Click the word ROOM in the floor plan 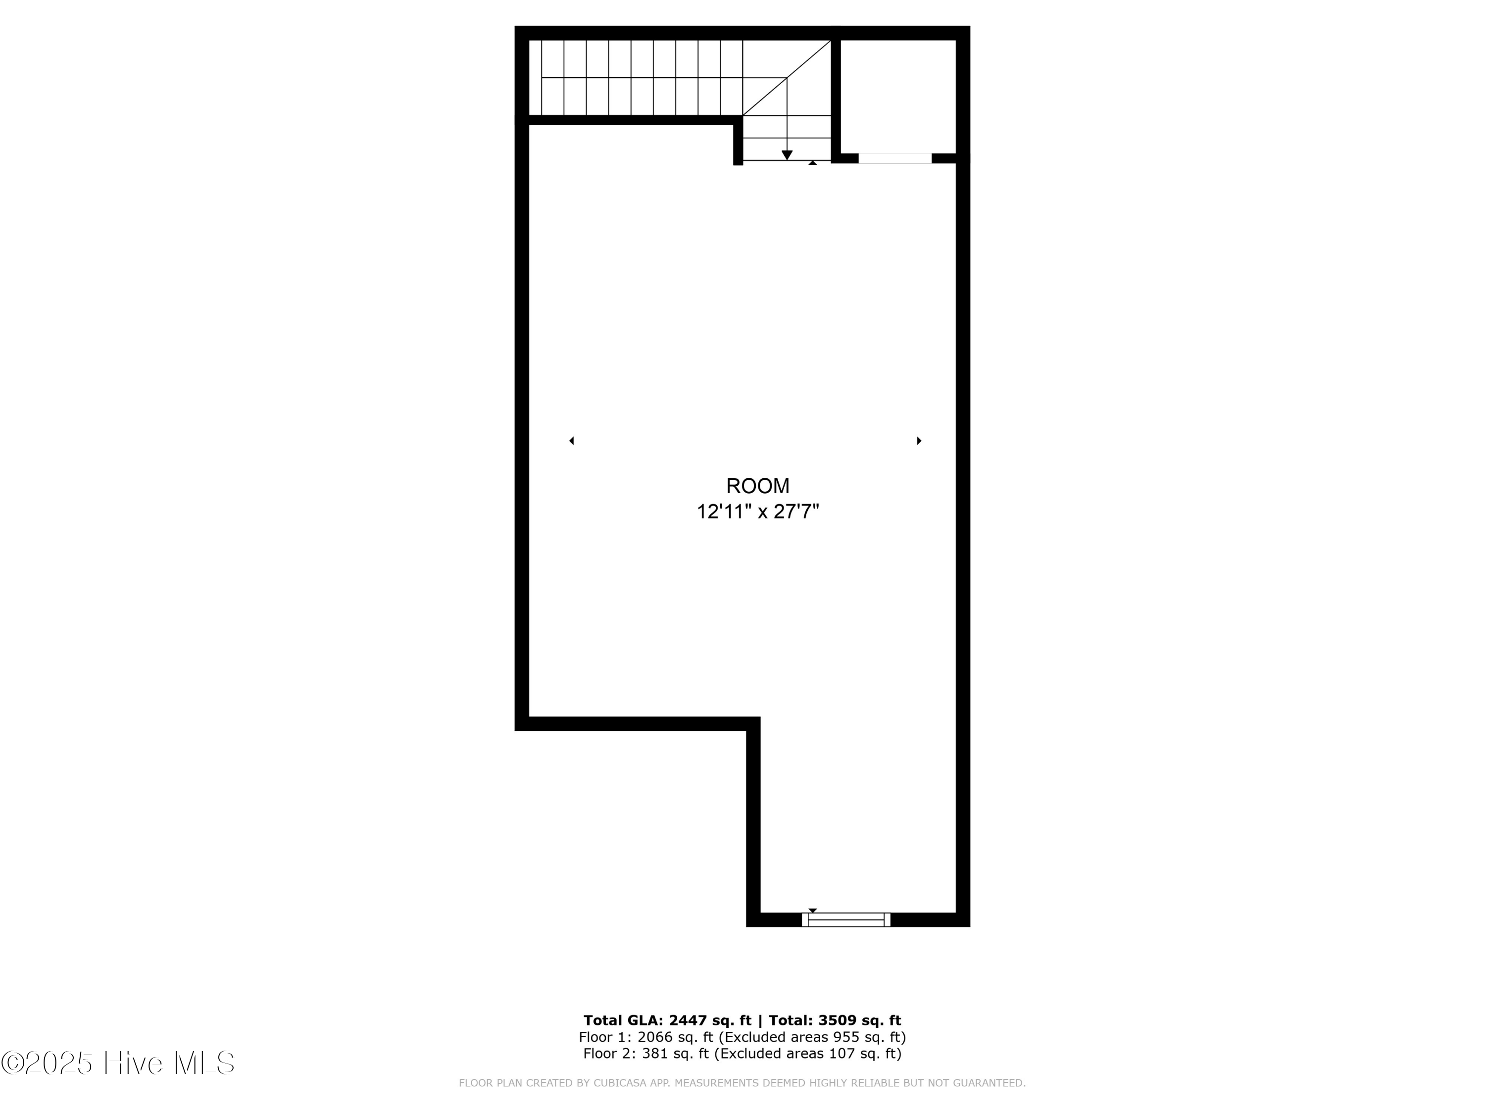coord(757,486)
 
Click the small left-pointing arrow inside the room coord(571,441)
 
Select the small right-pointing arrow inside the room coord(919,441)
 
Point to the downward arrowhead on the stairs coord(787,155)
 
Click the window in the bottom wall coord(846,919)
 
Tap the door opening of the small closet coord(895,158)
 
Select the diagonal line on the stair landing coord(787,78)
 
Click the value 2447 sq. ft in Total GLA coord(710,1020)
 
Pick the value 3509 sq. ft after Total coord(859,1020)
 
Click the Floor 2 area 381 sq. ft coord(675,1053)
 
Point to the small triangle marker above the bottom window coord(812,911)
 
